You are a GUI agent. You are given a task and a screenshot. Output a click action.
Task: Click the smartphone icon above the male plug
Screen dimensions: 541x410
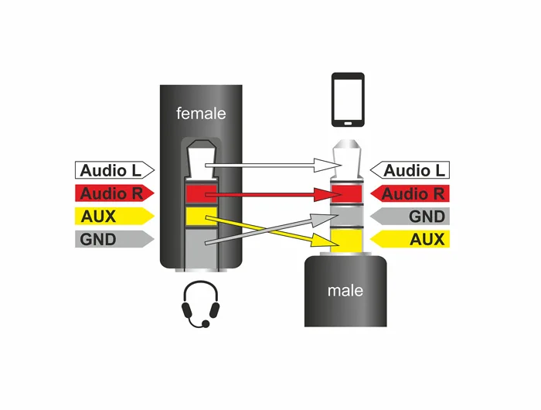(x=348, y=100)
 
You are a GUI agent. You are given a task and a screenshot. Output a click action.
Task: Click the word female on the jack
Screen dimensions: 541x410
(x=201, y=113)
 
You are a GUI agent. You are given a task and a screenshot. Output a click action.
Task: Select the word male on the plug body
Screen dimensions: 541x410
(x=345, y=291)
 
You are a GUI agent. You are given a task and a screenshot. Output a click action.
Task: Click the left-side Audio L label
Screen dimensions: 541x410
(x=114, y=170)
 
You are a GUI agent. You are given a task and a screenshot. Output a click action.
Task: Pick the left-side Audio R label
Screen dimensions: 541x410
(x=114, y=193)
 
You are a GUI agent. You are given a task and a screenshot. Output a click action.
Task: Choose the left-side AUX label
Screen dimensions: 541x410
(x=114, y=217)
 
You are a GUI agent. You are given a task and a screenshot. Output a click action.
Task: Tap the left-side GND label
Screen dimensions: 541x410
(x=114, y=239)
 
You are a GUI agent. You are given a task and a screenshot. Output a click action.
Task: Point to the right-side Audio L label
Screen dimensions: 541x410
(x=410, y=170)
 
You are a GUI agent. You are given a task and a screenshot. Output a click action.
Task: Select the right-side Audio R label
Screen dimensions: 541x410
(x=410, y=193)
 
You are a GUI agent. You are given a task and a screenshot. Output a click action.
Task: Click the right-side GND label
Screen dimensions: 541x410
(x=410, y=217)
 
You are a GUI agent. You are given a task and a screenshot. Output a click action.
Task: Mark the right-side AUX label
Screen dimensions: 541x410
(x=410, y=239)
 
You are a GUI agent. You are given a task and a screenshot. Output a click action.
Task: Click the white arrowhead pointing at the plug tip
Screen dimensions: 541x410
(x=327, y=165)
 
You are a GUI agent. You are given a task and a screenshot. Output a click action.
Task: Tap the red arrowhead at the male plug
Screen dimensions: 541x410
(x=327, y=195)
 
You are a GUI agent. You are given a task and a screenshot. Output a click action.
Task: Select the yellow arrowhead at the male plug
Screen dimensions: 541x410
(x=325, y=240)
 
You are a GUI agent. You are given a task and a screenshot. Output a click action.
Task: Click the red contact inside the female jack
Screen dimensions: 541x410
(x=202, y=193)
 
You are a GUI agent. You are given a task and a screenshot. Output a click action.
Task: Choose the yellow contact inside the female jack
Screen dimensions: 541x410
(x=202, y=217)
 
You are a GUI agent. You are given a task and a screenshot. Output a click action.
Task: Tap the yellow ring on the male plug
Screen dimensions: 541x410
(x=346, y=241)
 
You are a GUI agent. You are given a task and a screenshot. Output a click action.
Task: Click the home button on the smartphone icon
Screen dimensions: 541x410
(x=348, y=123)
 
